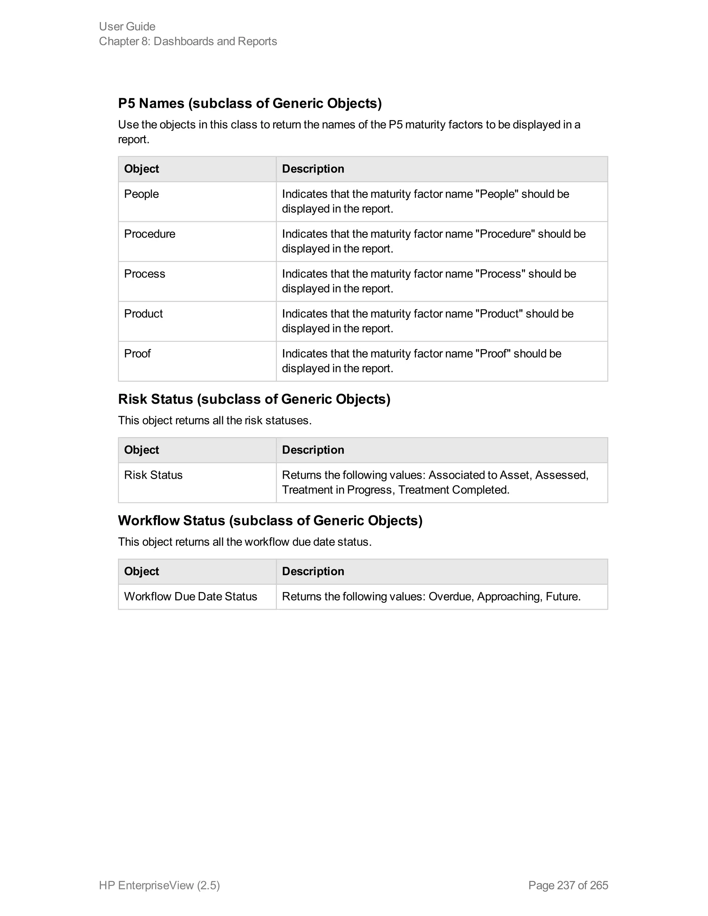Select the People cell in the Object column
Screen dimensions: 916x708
click(141, 194)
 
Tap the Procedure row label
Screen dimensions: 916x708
click(150, 234)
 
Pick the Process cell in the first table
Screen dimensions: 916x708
click(145, 273)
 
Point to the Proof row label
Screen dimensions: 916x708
click(137, 353)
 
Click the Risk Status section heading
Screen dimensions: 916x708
click(254, 399)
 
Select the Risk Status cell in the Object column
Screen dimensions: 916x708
click(153, 475)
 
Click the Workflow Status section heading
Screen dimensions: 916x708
click(270, 520)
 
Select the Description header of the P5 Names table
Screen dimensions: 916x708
click(313, 169)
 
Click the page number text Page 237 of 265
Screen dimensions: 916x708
click(568, 885)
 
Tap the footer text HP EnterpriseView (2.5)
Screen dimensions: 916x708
click(159, 885)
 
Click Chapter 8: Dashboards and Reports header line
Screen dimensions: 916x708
click(188, 41)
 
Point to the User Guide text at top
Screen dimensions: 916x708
click(127, 26)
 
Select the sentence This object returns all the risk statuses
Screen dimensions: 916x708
click(215, 420)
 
